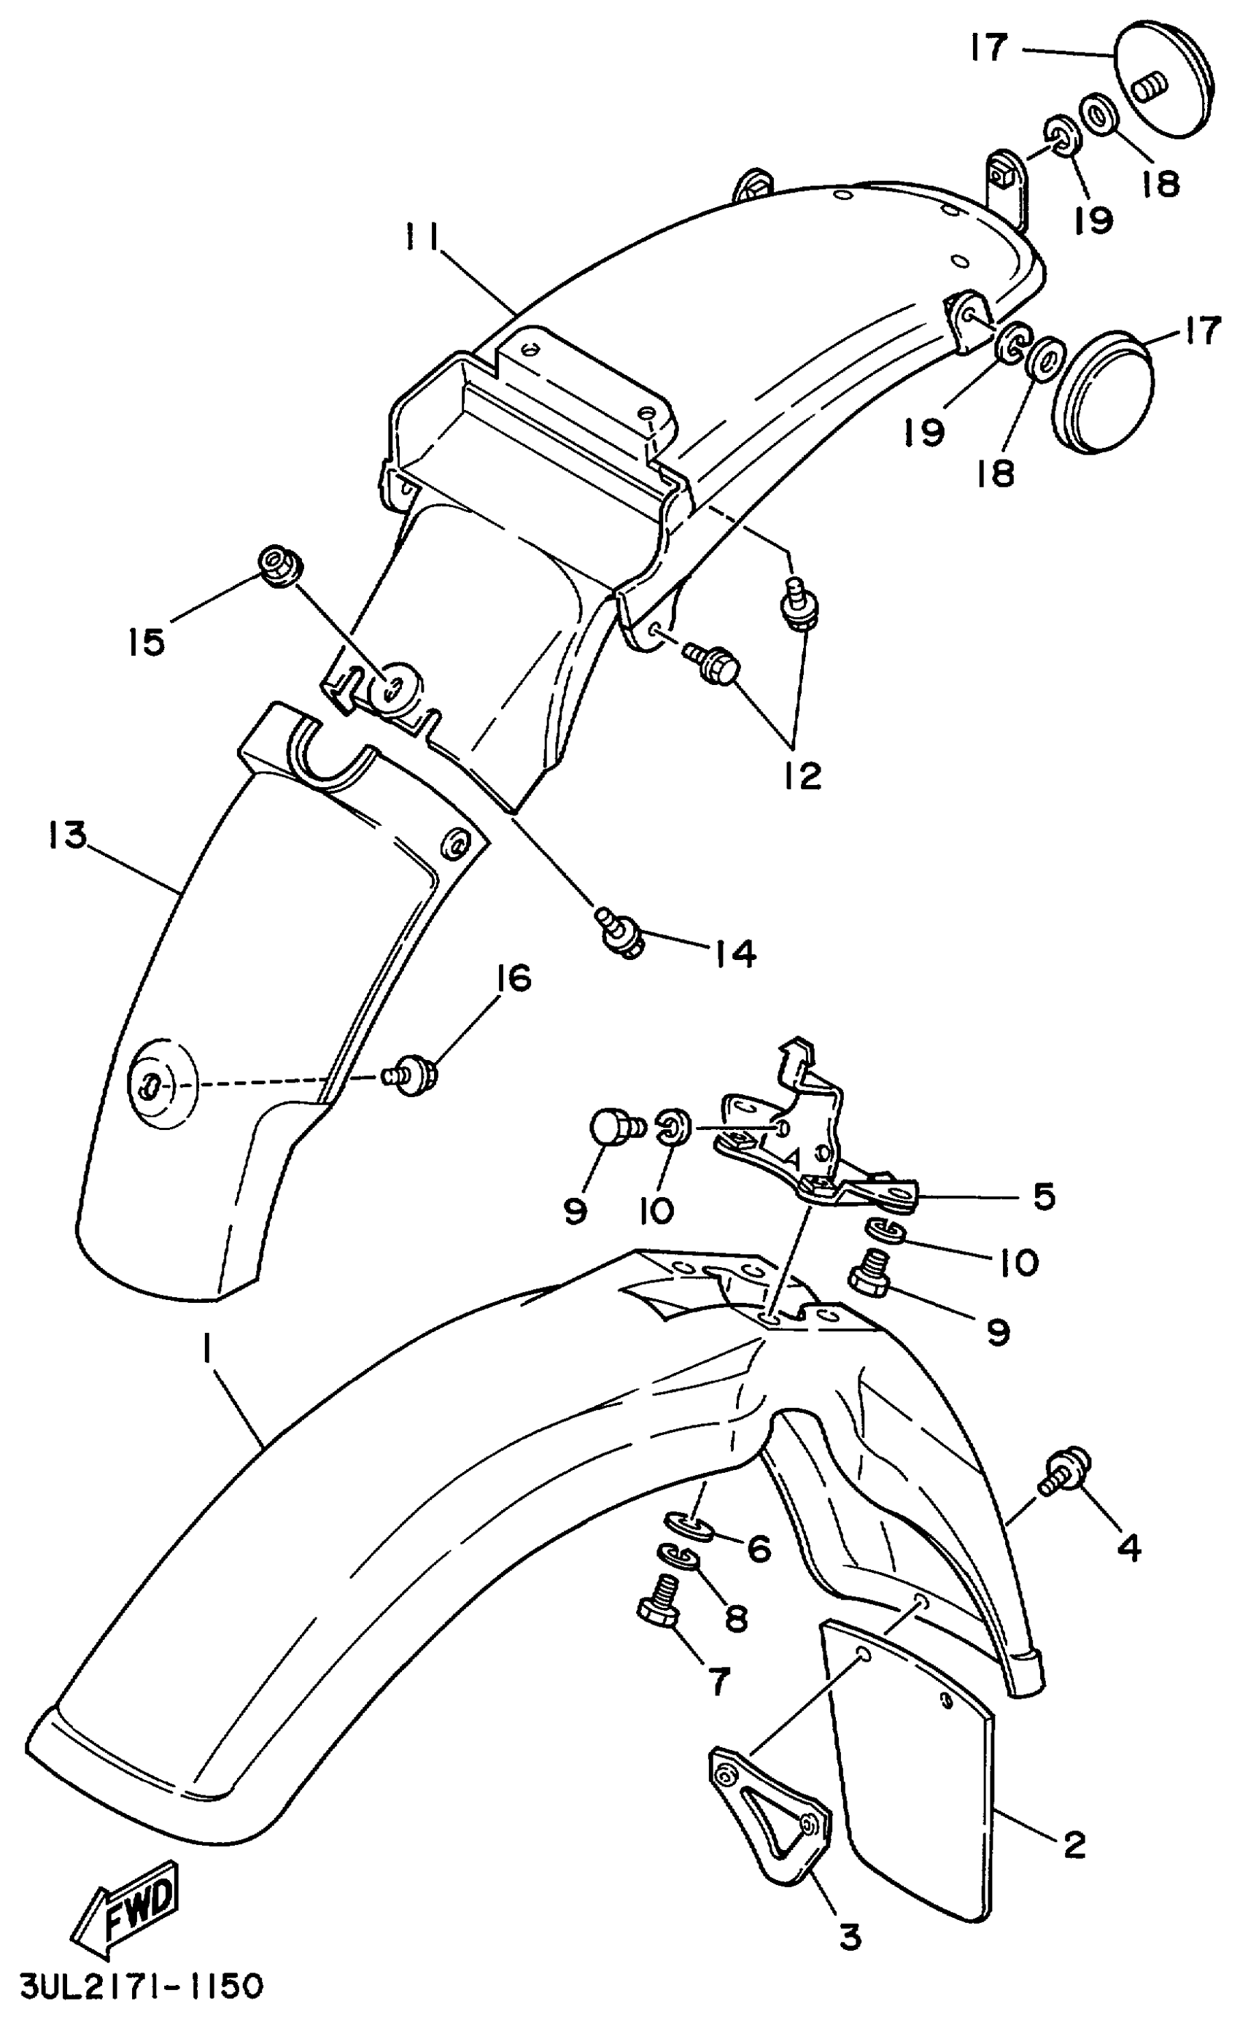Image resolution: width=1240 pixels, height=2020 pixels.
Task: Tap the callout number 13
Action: (x=66, y=836)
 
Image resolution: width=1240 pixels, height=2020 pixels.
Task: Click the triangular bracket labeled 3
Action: (x=769, y=1811)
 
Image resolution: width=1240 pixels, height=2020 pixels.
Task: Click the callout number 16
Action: (x=514, y=978)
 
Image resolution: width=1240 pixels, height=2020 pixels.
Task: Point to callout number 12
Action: (x=801, y=775)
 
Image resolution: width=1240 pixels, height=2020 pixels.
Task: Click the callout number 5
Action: (x=1042, y=1196)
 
